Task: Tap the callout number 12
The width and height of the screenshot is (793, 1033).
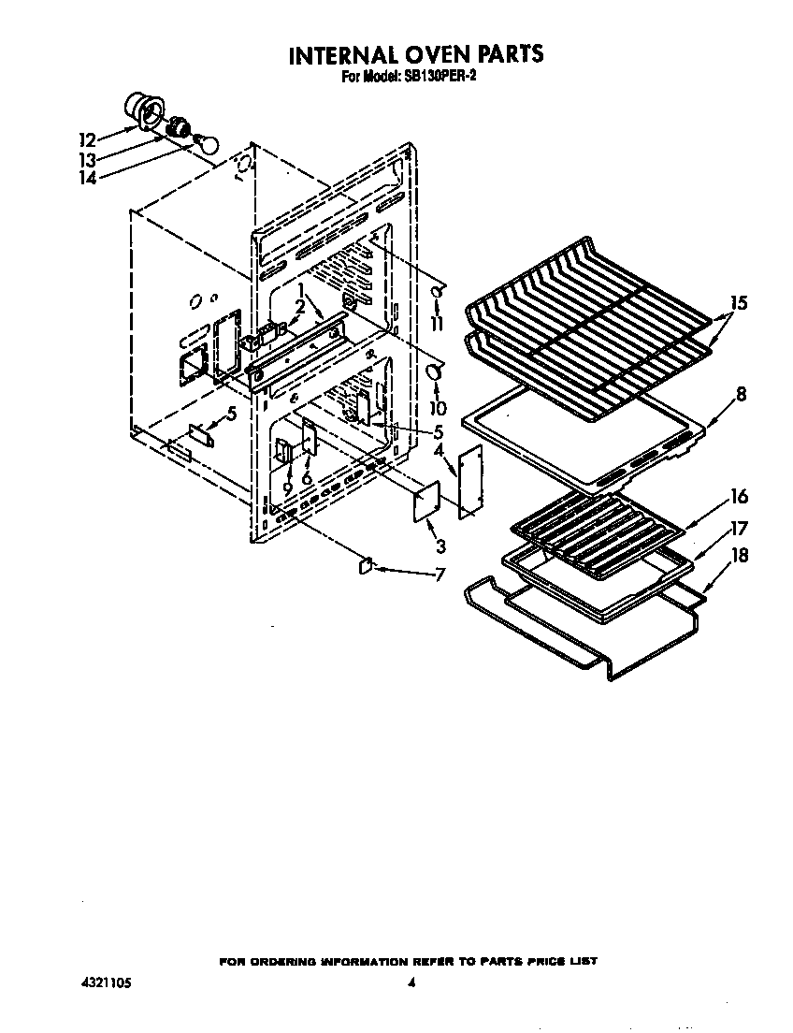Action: pyautogui.click(x=87, y=139)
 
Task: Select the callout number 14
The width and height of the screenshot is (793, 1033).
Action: pyautogui.click(x=87, y=177)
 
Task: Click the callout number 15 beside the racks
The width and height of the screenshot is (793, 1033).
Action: pyautogui.click(x=739, y=303)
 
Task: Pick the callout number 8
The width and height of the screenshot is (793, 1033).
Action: pyautogui.click(x=741, y=394)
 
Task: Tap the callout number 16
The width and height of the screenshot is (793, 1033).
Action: pyautogui.click(x=739, y=497)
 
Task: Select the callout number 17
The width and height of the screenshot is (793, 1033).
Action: pyautogui.click(x=739, y=527)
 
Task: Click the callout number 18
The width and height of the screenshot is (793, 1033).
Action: pyautogui.click(x=739, y=555)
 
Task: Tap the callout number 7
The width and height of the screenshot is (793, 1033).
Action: pyautogui.click(x=440, y=575)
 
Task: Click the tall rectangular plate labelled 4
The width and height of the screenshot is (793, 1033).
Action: pyautogui.click(x=469, y=479)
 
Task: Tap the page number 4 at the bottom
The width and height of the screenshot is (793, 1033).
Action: pyautogui.click(x=411, y=982)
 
